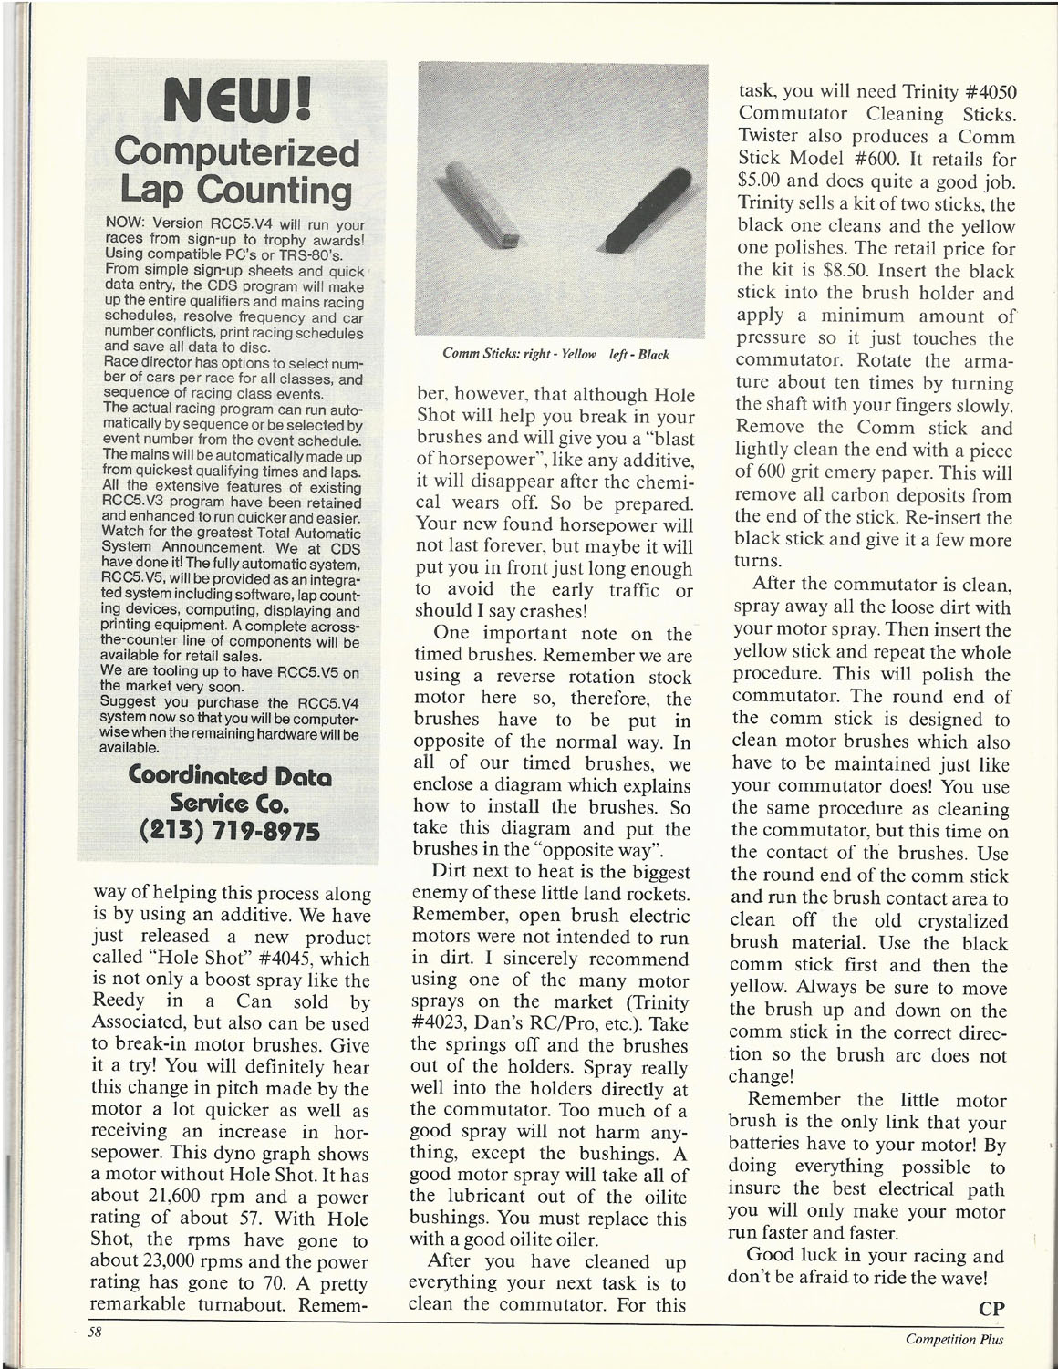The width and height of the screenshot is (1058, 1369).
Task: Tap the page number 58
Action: click(93, 1331)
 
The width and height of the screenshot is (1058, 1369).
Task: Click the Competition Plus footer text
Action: click(954, 1339)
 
